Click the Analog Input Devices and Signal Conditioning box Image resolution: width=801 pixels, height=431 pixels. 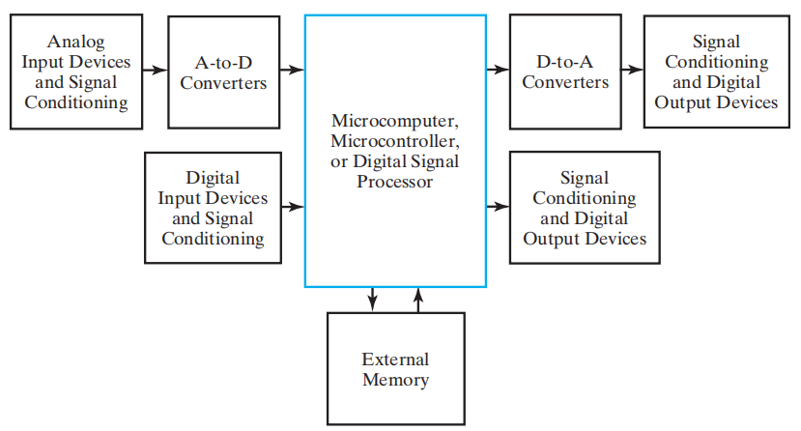(x=76, y=72)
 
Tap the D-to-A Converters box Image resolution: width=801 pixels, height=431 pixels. (x=565, y=72)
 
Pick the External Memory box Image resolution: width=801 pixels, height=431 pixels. (x=395, y=368)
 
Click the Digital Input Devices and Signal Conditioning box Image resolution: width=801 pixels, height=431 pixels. (x=213, y=207)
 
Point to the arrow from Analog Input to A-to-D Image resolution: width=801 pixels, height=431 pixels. (x=155, y=70)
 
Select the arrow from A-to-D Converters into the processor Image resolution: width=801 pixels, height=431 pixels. (x=292, y=70)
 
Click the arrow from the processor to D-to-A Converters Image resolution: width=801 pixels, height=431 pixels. (x=498, y=70)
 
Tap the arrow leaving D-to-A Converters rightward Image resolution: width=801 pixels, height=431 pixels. (x=633, y=70)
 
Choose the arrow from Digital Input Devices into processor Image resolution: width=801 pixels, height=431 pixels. (x=292, y=206)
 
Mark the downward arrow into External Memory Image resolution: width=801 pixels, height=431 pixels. (x=373, y=299)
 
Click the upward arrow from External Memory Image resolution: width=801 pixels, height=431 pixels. (x=417, y=299)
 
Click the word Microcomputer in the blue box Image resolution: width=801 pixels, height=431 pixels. (x=393, y=121)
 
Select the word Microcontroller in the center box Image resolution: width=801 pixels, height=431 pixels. (x=393, y=141)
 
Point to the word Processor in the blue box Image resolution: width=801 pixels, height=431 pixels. (x=394, y=181)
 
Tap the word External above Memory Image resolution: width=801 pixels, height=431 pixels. (x=395, y=359)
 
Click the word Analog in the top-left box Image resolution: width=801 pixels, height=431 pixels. (x=75, y=42)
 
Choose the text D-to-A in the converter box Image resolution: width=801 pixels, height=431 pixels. (x=565, y=62)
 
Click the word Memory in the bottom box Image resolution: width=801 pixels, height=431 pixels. (x=395, y=379)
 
